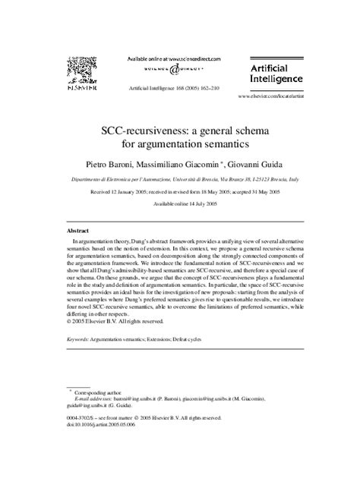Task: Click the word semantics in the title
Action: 239,142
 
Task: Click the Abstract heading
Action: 78,228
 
